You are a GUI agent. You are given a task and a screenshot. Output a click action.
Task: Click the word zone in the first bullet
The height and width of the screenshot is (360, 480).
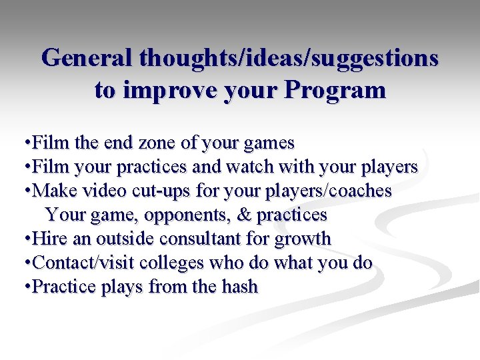tap(159, 143)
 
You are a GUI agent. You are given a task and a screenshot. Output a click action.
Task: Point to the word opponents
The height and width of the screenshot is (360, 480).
tap(187, 215)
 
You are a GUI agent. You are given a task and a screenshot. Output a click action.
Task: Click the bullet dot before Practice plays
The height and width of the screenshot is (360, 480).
tap(25, 287)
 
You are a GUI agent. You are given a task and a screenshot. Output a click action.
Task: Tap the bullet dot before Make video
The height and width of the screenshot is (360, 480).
tap(25, 191)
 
